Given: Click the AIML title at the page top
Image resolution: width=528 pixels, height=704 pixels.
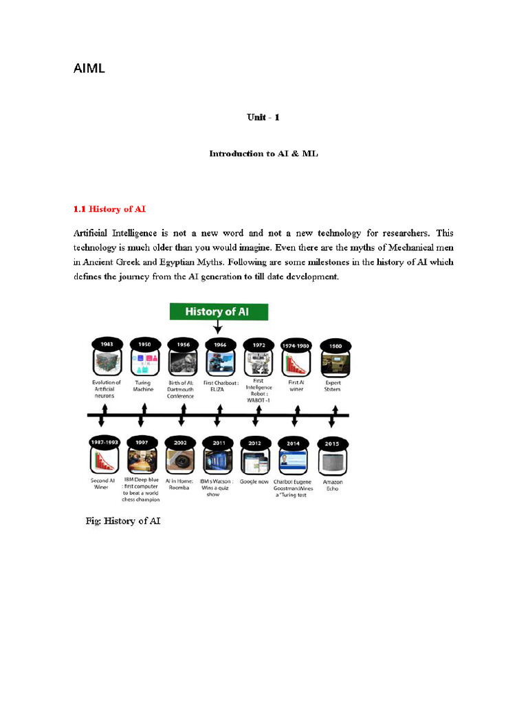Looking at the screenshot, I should tap(89, 69).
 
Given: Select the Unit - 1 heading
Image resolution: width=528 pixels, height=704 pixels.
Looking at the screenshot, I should tap(263, 117).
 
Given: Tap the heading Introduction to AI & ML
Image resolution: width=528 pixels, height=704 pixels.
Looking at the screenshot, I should tap(263, 154).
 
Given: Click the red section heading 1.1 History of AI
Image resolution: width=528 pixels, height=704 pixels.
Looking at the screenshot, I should tap(109, 209).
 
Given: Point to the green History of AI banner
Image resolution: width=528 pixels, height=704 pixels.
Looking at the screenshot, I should tap(219, 311).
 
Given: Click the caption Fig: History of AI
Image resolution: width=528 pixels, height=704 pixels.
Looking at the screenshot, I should tap(123, 522).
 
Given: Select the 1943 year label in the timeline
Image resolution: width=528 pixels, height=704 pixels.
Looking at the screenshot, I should tap(106, 343).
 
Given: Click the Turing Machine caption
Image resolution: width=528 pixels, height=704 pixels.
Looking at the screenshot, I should tap(143, 386).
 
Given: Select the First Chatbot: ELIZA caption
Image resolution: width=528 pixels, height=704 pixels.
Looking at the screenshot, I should tap(219, 386).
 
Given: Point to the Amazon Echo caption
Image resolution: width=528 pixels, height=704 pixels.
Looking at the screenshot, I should tap(333, 485).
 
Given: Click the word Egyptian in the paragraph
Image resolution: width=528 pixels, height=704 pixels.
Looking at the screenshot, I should tap(164, 262).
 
